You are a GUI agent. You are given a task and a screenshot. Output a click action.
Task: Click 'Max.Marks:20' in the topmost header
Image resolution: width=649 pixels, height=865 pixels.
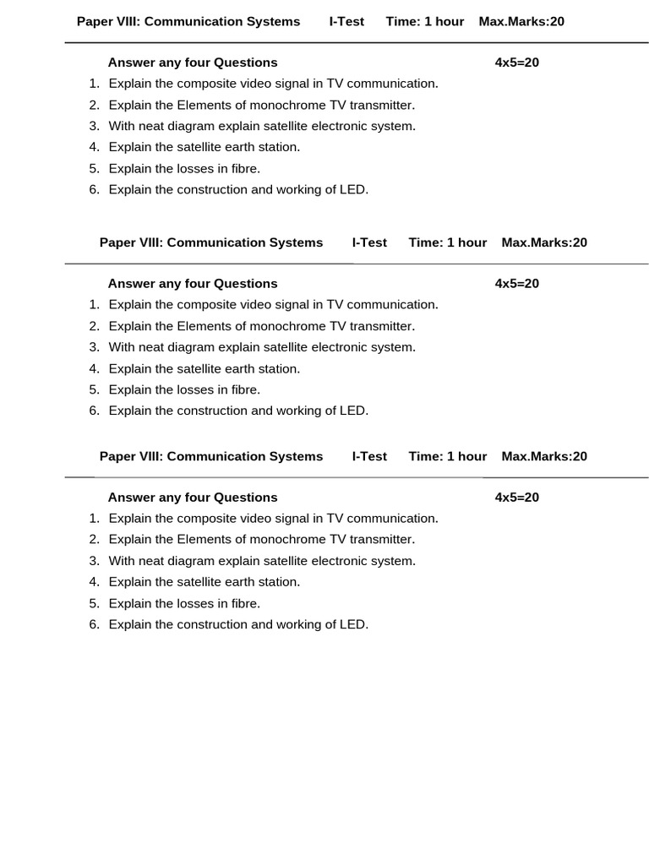[521, 21]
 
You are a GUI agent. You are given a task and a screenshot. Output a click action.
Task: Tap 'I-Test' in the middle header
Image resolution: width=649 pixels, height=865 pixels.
[369, 242]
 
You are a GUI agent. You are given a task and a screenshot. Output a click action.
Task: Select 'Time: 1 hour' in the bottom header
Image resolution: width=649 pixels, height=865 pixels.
[447, 456]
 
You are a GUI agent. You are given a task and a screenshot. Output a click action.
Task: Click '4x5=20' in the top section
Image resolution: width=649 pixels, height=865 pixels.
[516, 63]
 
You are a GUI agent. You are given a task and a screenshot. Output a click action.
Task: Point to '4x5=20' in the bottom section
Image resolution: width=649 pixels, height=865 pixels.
[516, 498]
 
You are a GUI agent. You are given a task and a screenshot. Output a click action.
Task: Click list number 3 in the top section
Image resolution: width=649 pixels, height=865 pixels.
[95, 126]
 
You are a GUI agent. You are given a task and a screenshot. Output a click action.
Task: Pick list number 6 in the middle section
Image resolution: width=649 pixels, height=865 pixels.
[95, 411]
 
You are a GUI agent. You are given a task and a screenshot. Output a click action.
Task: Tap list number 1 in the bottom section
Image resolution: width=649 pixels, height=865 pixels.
[95, 518]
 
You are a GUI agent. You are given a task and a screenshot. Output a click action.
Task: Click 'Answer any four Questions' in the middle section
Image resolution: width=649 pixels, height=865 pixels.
[193, 284]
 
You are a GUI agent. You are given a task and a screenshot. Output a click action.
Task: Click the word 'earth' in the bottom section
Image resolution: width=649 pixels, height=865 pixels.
[246, 581]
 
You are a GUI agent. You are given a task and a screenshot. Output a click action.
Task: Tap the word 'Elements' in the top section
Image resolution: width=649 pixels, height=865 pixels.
[205, 105]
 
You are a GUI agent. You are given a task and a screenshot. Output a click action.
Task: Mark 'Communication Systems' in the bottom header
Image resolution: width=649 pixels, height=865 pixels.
[245, 456]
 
